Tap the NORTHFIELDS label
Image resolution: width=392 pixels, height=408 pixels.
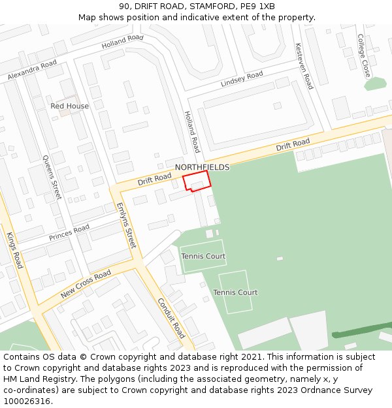[x=202, y=168]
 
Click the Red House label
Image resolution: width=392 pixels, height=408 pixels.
[x=69, y=106]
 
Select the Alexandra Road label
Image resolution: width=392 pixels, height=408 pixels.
[x=32, y=71]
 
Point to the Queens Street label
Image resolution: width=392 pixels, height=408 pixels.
[x=52, y=177]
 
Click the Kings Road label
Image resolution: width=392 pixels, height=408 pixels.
[x=14, y=250]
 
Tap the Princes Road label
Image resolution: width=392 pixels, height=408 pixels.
[x=69, y=232]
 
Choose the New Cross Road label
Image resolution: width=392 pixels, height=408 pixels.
[x=86, y=285]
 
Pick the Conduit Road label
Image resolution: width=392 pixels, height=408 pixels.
[x=171, y=318]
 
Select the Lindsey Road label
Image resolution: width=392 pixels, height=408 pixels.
[x=242, y=79]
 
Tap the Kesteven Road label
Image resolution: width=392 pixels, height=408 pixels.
[x=304, y=66]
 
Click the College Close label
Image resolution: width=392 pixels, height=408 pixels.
[x=364, y=55]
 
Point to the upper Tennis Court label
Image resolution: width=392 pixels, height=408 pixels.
[x=203, y=257]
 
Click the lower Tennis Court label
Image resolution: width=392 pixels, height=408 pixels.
[x=235, y=292]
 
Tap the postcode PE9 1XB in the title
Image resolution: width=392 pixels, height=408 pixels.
[x=257, y=7]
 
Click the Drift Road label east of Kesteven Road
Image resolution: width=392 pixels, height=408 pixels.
[x=293, y=144]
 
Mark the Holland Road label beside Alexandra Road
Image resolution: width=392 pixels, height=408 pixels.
[x=122, y=42]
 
